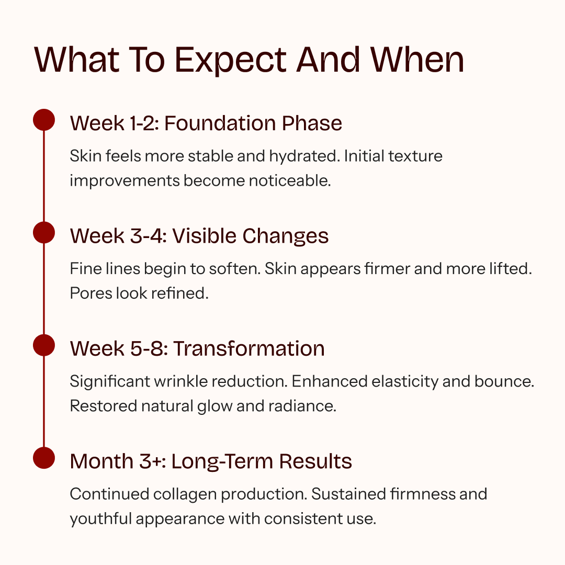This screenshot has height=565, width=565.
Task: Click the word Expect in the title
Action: [x=231, y=61]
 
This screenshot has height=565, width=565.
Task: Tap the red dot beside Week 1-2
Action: [x=44, y=120]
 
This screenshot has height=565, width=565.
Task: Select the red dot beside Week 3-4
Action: [x=44, y=232]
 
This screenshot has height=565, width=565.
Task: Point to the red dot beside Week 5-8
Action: [x=44, y=345]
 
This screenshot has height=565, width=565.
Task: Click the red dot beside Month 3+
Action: [x=44, y=458]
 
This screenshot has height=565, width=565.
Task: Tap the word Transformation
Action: [x=249, y=349]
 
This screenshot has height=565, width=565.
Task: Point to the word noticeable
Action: [x=290, y=180]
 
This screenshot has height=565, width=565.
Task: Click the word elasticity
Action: [x=405, y=381]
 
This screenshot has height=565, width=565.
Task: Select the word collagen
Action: [x=185, y=494]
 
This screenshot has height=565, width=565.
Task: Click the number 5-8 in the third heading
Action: [x=149, y=349]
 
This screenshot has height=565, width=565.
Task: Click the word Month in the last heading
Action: [x=101, y=461]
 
